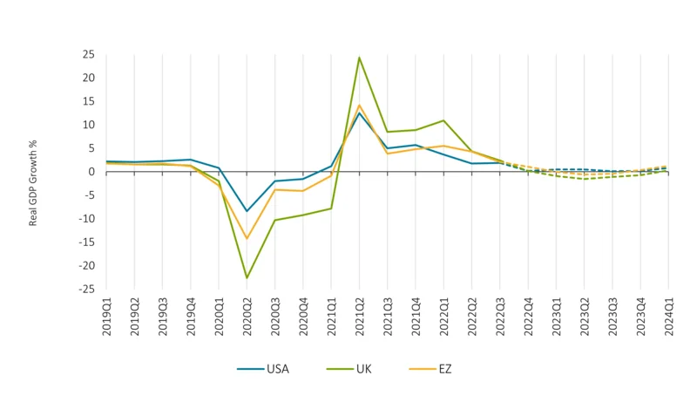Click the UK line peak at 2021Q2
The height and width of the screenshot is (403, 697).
click(359, 58)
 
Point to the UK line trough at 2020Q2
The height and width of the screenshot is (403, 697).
click(247, 278)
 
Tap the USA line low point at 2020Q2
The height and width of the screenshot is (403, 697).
click(247, 211)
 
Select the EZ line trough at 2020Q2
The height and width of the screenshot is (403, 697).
click(247, 238)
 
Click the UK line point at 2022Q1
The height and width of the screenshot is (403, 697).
click(443, 120)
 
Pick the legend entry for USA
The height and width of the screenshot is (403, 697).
click(262, 369)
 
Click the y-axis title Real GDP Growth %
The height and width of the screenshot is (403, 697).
click(33, 171)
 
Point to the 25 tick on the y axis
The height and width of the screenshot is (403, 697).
click(88, 55)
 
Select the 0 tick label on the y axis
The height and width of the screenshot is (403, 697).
click(91, 172)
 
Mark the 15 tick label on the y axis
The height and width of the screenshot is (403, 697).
click(88, 101)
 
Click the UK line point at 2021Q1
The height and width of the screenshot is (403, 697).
click(331, 208)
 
